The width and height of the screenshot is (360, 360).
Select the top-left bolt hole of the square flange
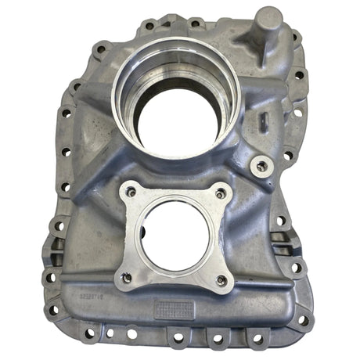point(131,190)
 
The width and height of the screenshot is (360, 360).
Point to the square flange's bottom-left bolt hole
point(125,275)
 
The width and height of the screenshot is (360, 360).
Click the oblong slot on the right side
point(264,121)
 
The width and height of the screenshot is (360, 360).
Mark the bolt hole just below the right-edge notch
point(295,268)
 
